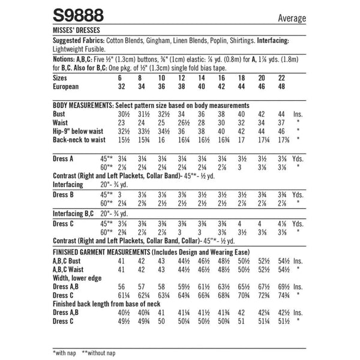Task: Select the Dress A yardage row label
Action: (x=65, y=158)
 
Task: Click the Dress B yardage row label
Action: (x=65, y=195)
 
